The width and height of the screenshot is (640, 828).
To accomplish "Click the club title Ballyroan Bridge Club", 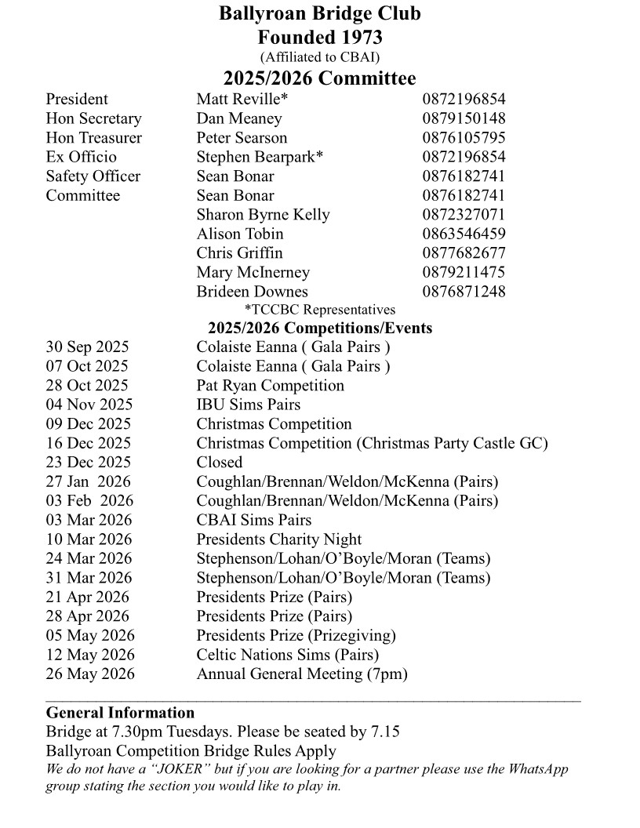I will point(319,13).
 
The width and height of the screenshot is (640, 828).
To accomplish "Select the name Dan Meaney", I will point(238,118).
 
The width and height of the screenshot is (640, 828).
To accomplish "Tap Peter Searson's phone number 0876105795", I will point(464,138).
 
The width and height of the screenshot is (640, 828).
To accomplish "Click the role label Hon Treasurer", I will point(94,138).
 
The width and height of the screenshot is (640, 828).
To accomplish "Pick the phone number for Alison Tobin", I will point(464,234).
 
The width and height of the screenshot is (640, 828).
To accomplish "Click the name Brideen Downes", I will point(252,292).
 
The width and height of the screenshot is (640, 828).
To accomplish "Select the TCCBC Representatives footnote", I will point(320,310).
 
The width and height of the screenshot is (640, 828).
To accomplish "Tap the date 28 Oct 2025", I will point(87,386).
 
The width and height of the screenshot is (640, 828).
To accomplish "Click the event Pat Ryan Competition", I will point(270,386).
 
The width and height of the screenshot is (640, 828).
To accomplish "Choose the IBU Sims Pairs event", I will point(248,405).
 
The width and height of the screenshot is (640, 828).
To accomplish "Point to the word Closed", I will point(220,463).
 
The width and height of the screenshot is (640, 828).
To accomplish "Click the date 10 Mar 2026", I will point(89,539).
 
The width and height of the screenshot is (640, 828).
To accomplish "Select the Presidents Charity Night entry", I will point(278,539).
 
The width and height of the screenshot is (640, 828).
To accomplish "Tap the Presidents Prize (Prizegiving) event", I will point(296,635).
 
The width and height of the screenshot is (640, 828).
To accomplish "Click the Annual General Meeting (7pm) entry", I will point(302,674).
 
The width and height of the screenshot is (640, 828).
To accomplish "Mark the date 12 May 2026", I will point(90,655).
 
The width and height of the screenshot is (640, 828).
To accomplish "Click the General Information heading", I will point(120,713).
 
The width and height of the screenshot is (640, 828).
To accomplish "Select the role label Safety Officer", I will point(93,176).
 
